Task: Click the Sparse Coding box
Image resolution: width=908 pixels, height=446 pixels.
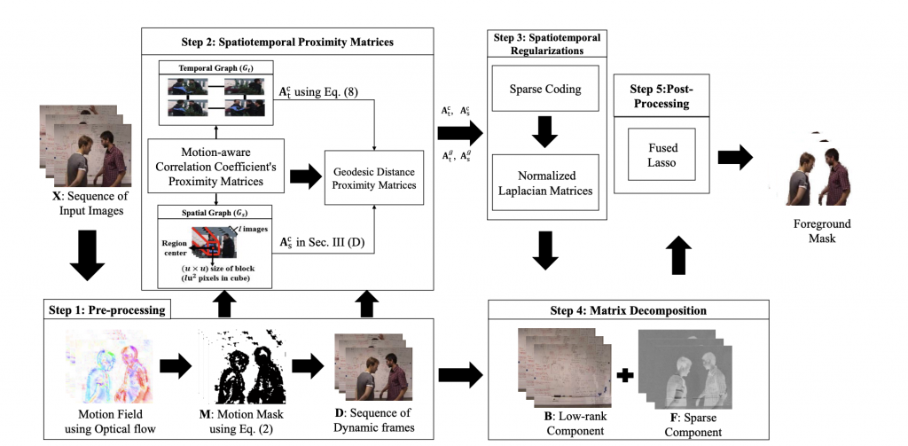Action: point(544,90)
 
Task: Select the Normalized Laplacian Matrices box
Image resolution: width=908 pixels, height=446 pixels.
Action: point(544,182)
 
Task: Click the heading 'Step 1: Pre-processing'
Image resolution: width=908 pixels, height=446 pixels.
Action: point(106,309)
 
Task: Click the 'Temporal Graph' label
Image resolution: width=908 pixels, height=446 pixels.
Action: point(215,67)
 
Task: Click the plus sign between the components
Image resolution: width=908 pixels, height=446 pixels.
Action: point(625,375)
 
